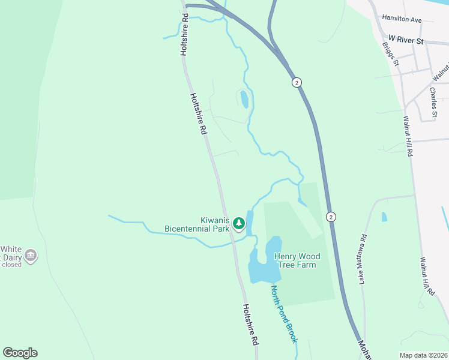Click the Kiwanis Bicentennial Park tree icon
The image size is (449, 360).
tap(239, 224)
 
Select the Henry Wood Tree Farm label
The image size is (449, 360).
tap(297, 261)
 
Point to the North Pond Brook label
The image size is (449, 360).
tap(283, 314)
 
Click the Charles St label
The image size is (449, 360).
tap(433, 102)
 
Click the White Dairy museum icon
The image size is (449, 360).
tap(31, 256)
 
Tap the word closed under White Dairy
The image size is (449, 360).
tap(11, 265)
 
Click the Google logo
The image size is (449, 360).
tap(20, 353)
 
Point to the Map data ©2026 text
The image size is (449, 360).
tap(423, 355)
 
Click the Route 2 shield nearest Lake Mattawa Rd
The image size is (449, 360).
tap(331, 216)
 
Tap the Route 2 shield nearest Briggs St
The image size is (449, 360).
tap(297, 82)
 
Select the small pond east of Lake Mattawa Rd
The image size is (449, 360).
tap(384, 217)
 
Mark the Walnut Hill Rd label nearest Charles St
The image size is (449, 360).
tap(408, 136)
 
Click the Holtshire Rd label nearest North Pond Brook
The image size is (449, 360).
tap(250, 324)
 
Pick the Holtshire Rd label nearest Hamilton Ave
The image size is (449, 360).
tap(185, 36)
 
